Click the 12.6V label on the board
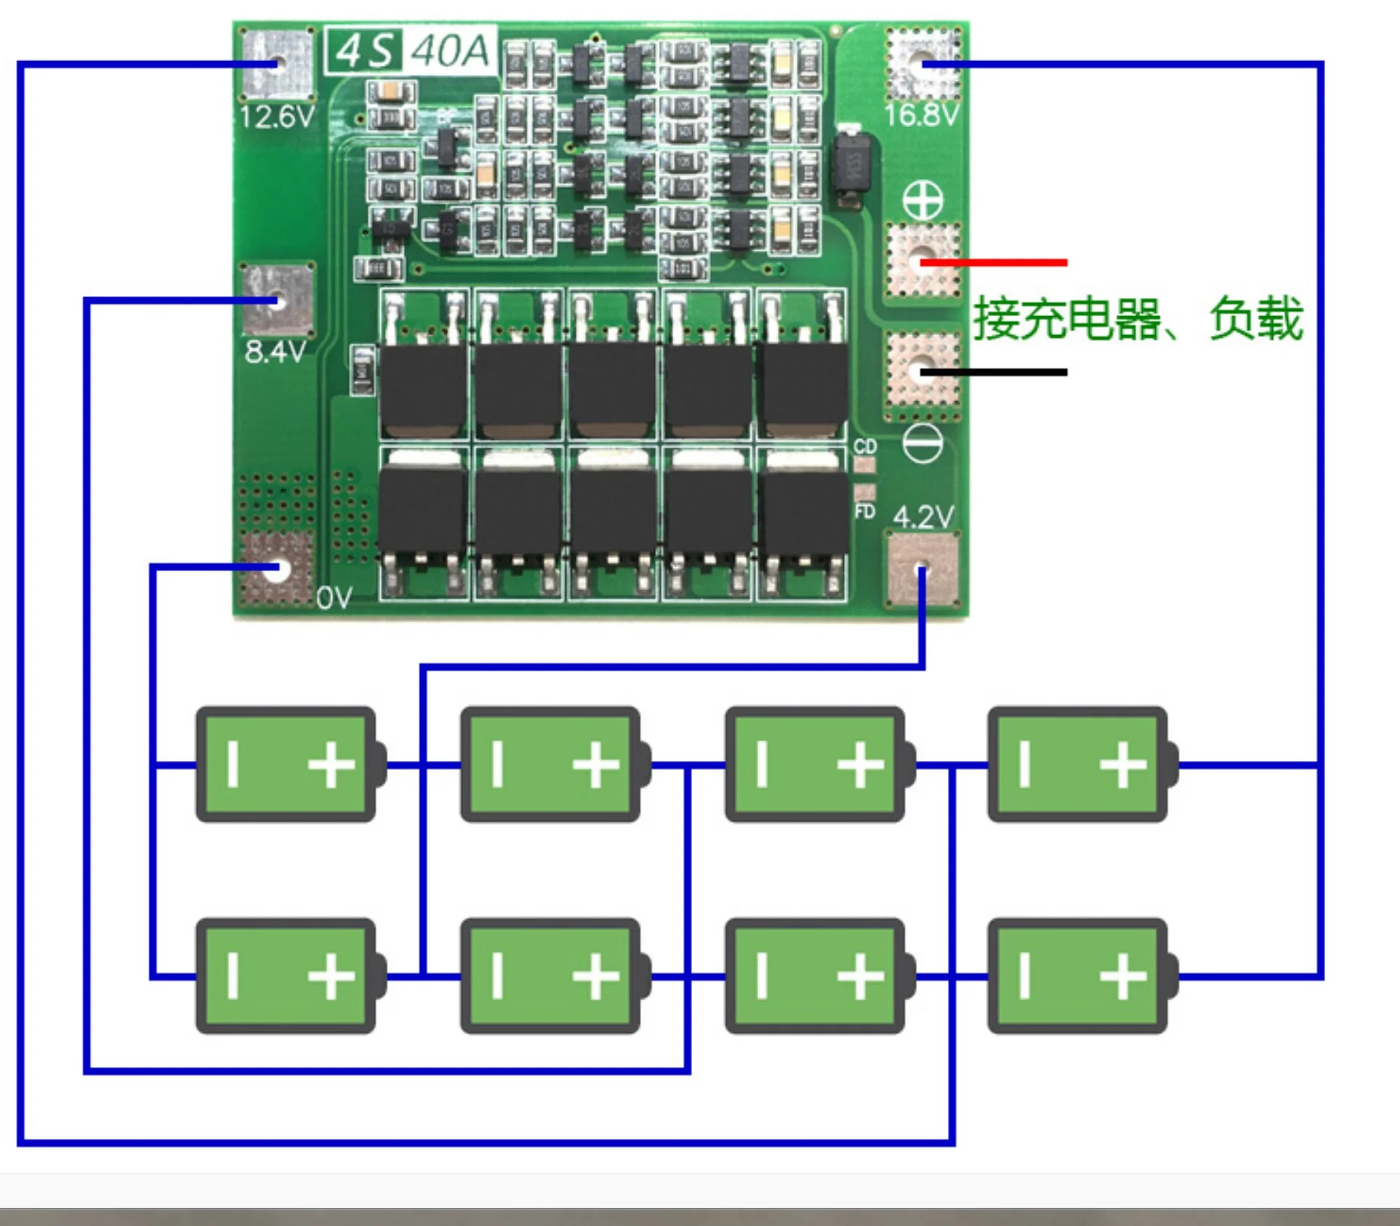point(277,117)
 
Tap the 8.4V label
point(275,352)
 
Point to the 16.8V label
point(921,115)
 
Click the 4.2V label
point(922,517)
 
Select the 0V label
point(334,598)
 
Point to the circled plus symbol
point(922,200)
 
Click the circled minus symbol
point(922,443)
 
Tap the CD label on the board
point(865,446)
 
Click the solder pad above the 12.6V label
point(277,65)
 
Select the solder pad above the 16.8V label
point(922,63)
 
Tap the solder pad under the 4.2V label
point(922,570)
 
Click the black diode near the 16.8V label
point(848,166)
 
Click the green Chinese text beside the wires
point(1138,318)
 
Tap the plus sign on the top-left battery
point(331,764)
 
